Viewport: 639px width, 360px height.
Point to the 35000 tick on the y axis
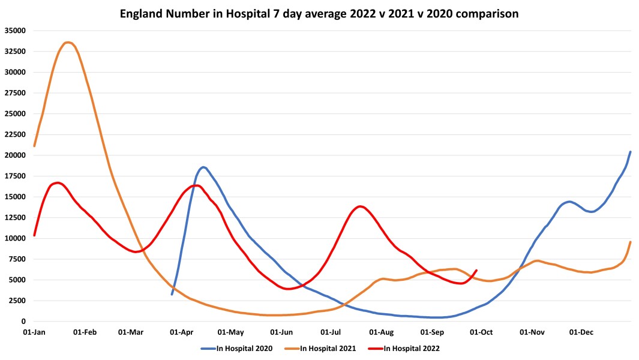[x=15, y=31]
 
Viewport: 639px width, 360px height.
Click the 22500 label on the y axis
[x=15, y=134]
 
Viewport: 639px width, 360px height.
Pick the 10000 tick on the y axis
[x=15, y=238]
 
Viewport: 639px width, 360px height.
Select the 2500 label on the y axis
[x=17, y=301]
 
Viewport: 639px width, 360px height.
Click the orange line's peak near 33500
[x=68, y=43]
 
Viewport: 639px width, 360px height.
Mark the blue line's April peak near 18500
[x=203, y=167]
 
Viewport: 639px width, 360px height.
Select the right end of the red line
[x=476, y=271]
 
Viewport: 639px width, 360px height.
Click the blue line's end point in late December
[x=630, y=152]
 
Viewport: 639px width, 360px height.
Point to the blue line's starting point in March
[x=172, y=294]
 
